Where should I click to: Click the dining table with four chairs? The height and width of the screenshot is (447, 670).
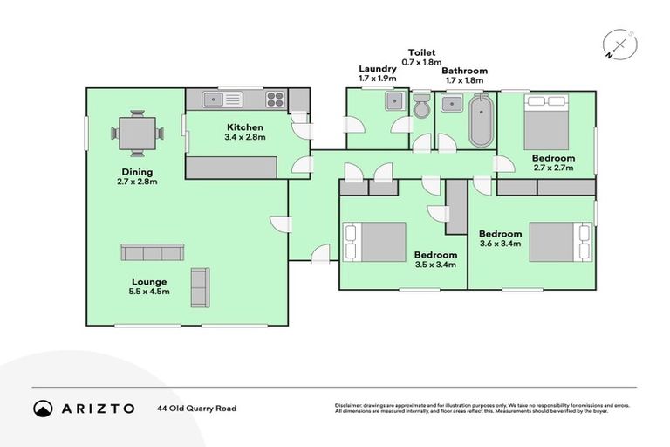click(138, 134)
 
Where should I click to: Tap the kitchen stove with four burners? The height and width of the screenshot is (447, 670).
click(275, 99)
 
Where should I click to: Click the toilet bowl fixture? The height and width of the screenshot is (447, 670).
click(421, 108)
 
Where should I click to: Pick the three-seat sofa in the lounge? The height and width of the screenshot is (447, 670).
click(152, 253)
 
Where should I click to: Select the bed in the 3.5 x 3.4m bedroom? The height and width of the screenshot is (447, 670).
click(375, 242)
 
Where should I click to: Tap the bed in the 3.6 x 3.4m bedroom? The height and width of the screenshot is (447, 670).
click(560, 242)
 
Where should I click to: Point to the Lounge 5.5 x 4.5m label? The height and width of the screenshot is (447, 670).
click(150, 285)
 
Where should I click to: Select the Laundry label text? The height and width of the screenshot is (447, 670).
click(377, 69)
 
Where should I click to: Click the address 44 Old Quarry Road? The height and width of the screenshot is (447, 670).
click(196, 408)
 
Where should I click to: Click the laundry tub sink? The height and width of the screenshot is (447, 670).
click(394, 100)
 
